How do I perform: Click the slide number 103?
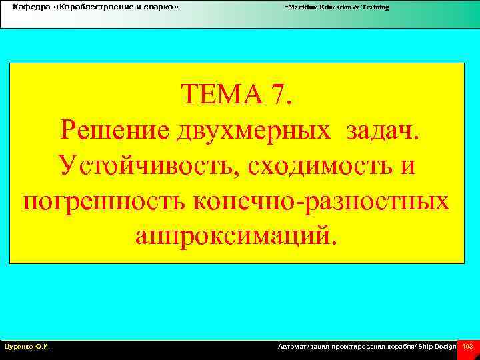coord(467,347)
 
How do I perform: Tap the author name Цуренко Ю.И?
coord(28,347)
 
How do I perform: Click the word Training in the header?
coord(376,7)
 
